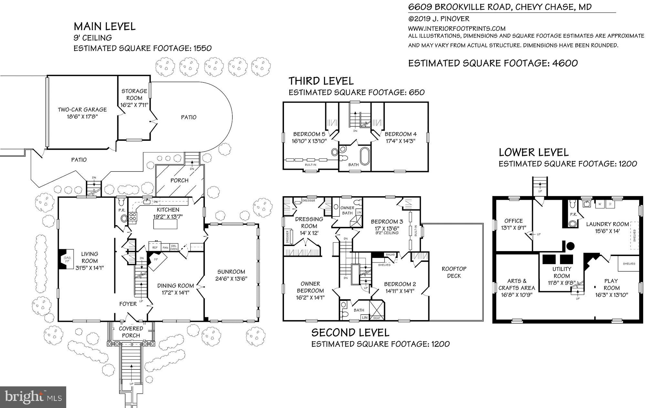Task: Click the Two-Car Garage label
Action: [x=82, y=109]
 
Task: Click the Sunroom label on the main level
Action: [x=231, y=271]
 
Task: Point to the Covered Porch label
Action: [x=131, y=332]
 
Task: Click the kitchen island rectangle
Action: [x=165, y=224]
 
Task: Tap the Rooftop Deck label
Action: [x=454, y=272]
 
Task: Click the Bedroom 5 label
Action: [x=309, y=134]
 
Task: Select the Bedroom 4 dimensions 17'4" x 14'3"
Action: [x=400, y=141]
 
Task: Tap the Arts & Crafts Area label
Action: [x=517, y=284]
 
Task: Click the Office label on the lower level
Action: [x=513, y=221]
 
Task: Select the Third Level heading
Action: [x=321, y=81]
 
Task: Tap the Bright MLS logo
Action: [x=33, y=397]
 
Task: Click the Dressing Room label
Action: [x=309, y=222]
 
